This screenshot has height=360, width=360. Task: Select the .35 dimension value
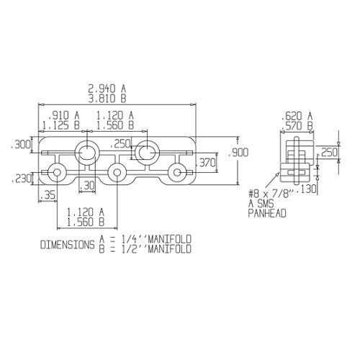coord(50,195)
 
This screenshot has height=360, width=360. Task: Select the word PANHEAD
coord(267,214)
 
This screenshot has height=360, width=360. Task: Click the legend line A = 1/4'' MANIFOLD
coord(148,239)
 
